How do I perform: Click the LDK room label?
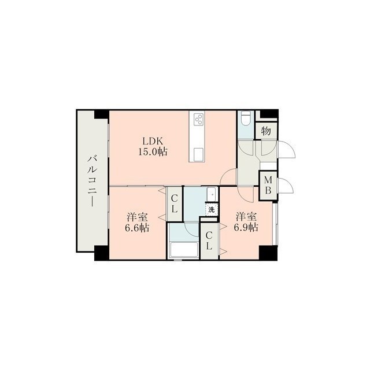[x=153, y=141]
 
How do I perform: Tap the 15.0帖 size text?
[x=153, y=151]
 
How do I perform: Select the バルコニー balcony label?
[x=92, y=181]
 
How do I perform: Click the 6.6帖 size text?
[x=137, y=227]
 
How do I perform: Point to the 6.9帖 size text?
[x=246, y=227]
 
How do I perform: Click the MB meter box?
[x=268, y=186]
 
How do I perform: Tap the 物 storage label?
[x=266, y=131]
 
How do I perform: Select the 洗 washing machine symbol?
[x=212, y=209]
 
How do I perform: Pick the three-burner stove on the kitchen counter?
[x=198, y=120]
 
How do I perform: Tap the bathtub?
[x=184, y=250]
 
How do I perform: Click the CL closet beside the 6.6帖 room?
[x=175, y=204]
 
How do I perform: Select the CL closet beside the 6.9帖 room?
[x=209, y=240]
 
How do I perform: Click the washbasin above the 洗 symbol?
[x=212, y=195]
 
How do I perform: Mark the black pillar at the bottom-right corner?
[x=268, y=253]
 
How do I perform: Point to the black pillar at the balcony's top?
[x=102, y=114]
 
